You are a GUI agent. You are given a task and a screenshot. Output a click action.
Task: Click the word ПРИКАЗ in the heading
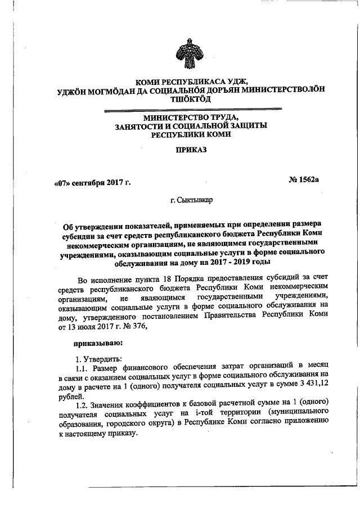point(191,151)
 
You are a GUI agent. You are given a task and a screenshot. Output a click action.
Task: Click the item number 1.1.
point(81,367)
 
